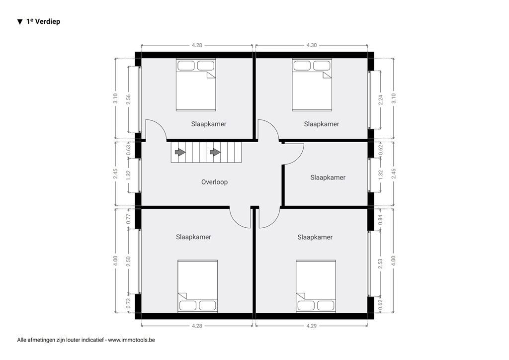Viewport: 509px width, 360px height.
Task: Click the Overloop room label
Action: click(214, 182)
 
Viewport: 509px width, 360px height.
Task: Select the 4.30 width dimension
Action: click(311, 45)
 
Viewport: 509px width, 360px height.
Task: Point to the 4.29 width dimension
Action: click(311, 326)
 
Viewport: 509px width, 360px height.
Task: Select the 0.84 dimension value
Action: click(381, 220)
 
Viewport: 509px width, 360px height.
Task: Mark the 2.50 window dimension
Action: click(128, 262)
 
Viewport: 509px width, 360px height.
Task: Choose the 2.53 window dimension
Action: click(381, 264)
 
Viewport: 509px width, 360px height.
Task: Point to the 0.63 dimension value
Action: click(128, 148)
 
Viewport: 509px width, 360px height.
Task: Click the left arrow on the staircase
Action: click(178, 152)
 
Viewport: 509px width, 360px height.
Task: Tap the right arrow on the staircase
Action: click(215, 152)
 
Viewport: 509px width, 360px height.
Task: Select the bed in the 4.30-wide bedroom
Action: click(312, 85)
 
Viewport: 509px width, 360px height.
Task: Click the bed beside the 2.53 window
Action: click(316, 286)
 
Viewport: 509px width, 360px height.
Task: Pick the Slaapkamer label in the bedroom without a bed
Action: click(328, 178)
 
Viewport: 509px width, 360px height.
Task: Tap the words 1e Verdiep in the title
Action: click(43, 21)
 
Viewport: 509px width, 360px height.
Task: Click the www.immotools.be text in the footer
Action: click(131, 340)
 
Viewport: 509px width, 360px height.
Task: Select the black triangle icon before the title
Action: click(20, 21)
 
